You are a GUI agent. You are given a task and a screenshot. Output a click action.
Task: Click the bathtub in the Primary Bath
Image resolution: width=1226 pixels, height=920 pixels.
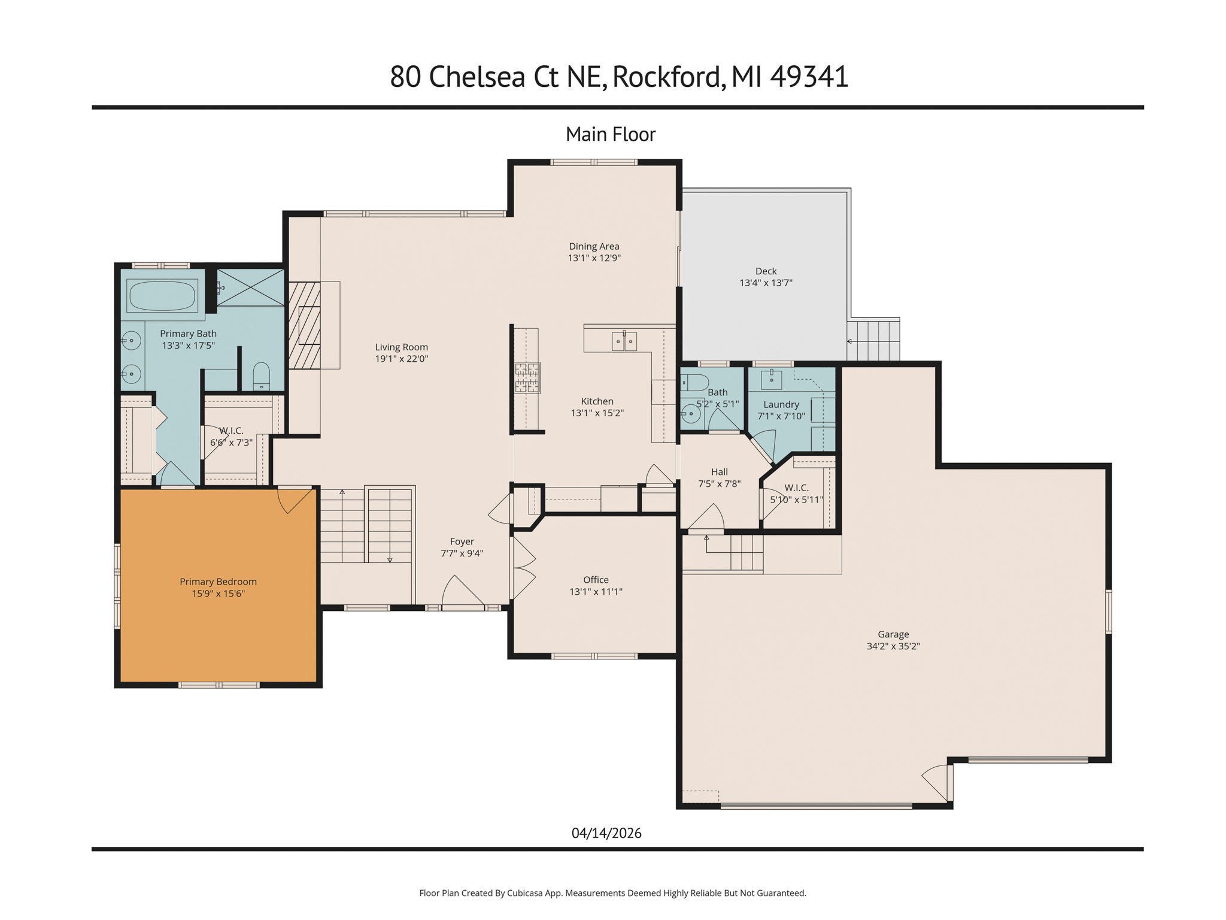(x=162, y=295)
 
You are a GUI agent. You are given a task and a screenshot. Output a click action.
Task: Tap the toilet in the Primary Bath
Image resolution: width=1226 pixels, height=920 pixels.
(x=262, y=376)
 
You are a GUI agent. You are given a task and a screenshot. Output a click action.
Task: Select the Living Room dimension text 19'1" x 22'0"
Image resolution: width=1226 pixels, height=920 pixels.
(x=401, y=359)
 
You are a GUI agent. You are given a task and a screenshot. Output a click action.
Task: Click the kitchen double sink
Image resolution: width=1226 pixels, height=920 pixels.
(x=624, y=341)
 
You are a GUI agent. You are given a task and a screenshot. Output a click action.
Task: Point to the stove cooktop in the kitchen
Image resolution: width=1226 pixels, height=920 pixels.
(x=527, y=377)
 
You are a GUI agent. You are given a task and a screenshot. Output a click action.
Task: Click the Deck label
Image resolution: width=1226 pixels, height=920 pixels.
(x=766, y=271)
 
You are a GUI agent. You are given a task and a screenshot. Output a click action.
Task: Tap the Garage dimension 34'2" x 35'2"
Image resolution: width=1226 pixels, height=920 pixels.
(x=893, y=646)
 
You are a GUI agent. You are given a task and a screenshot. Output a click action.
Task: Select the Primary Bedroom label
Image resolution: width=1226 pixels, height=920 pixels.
(x=218, y=582)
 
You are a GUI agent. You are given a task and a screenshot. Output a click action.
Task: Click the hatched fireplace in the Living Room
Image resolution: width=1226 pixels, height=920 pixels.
(x=305, y=325)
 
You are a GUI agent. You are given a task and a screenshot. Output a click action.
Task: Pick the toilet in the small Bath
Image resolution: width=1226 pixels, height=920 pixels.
(x=695, y=382)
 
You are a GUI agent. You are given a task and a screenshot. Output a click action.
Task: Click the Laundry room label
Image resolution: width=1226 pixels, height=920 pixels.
(x=781, y=404)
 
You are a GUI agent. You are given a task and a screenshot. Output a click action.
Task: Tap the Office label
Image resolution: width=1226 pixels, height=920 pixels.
(x=596, y=580)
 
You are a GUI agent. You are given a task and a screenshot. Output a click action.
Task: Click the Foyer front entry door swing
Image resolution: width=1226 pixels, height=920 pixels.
(x=461, y=593)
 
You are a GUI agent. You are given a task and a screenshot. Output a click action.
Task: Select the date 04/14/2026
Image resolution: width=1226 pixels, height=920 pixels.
(x=606, y=833)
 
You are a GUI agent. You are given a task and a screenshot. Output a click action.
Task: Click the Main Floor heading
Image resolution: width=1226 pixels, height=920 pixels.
(x=611, y=134)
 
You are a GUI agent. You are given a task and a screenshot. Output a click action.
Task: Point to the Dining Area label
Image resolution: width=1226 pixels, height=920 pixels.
(x=594, y=246)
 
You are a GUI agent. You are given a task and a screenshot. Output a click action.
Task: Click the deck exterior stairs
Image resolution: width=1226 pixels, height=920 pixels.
(x=874, y=340)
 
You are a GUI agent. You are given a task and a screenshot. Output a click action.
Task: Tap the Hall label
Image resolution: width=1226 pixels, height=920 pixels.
(x=719, y=472)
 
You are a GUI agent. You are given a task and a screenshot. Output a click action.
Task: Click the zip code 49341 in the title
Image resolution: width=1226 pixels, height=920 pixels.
(x=809, y=77)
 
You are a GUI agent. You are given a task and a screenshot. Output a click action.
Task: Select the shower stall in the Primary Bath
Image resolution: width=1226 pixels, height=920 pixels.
(x=250, y=287)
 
